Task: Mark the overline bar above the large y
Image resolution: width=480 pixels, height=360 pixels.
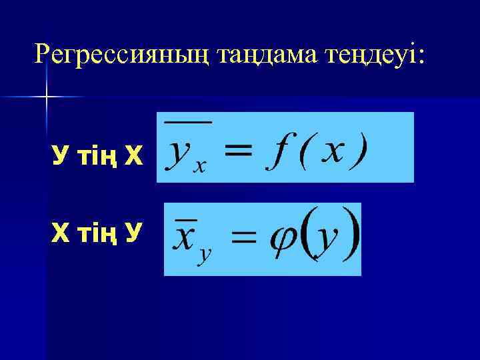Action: (x=188, y=122)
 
